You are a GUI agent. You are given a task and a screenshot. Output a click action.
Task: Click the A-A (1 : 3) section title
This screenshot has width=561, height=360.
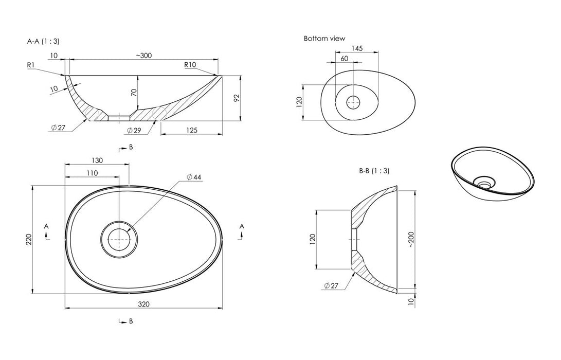click(x=43, y=41)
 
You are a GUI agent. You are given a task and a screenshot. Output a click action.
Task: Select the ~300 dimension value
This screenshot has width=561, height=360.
click(x=143, y=56)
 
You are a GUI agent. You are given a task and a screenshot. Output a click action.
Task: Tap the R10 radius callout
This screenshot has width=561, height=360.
click(x=190, y=65)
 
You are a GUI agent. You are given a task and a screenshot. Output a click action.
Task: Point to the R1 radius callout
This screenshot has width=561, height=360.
click(x=31, y=65)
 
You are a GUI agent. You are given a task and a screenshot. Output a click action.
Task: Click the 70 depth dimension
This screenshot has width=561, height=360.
click(x=134, y=93)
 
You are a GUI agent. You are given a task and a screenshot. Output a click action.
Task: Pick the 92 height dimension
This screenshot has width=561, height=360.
click(x=237, y=98)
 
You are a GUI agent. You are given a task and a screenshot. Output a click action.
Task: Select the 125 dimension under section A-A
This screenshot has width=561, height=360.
click(x=192, y=130)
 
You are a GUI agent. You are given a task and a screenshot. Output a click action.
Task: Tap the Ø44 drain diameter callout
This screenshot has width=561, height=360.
click(x=194, y=177)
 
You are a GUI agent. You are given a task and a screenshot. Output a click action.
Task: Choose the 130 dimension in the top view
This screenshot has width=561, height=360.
click(x=97, y=160)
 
